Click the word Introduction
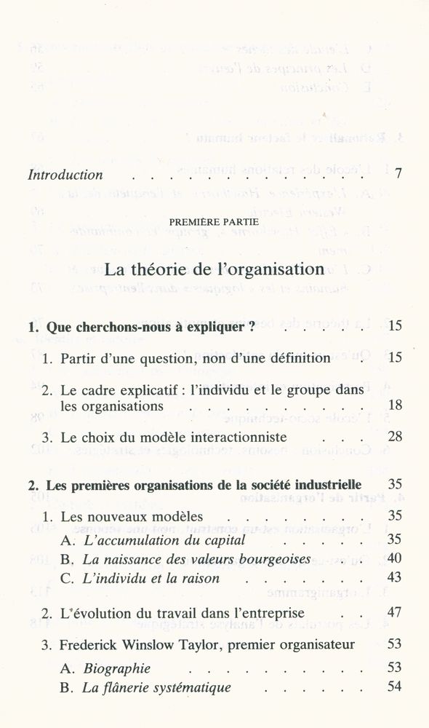click(65, 175)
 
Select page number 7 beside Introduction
click(398, 175)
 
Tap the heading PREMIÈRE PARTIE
click(214, 221)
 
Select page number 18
click(395, 405)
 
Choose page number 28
click(395, 438)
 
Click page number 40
click(395, 560)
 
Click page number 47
click(395, 612)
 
